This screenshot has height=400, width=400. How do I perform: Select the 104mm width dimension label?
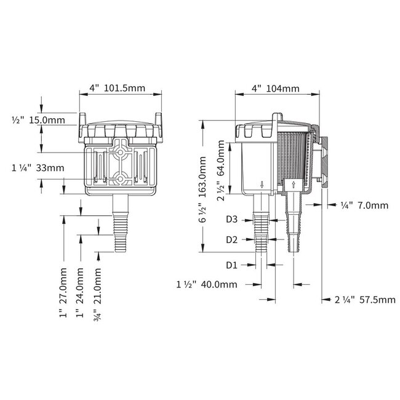point(275,88)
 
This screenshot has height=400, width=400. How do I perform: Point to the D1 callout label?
point(231,265)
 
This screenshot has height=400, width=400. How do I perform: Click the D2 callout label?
point(231,239)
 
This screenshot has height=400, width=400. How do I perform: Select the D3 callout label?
point(231,219)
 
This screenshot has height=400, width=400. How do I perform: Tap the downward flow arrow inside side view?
point(263,184)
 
